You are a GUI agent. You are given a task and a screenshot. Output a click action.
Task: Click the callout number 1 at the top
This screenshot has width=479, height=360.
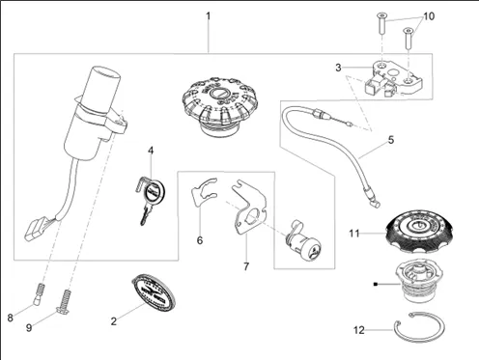pyautogui.click(x=209, y=15)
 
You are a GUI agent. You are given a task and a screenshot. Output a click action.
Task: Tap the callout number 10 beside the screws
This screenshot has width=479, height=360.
pyautogui.click(x=429, y=16)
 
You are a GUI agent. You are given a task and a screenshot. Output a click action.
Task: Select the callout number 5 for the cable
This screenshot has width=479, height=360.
pyautogui.click(x=391, y=140)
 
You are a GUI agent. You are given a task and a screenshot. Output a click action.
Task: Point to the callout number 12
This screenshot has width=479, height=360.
pyautogui.click(x=359, y=330)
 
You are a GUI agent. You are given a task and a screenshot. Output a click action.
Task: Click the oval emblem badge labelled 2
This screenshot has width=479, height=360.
pyautogui.click(x=154, y=292)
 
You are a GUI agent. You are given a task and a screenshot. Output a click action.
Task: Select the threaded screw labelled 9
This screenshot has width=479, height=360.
pyautogui.click(x=64, y=302)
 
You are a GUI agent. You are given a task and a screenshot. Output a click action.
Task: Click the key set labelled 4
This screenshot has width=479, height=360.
pyautogui.click(x=150, y=200)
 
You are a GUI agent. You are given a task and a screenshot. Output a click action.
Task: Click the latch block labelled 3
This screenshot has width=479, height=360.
pyautogui.click(x=392, y=78)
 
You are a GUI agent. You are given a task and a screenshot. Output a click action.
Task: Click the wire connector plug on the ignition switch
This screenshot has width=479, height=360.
pyautogui.click(x=35, y=229)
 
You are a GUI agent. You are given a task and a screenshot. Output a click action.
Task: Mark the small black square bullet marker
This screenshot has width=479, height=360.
pyautogui.click(x=376, y=284)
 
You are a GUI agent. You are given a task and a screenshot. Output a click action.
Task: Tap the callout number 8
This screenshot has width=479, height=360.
pyautogui.click(x=10, y=318)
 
